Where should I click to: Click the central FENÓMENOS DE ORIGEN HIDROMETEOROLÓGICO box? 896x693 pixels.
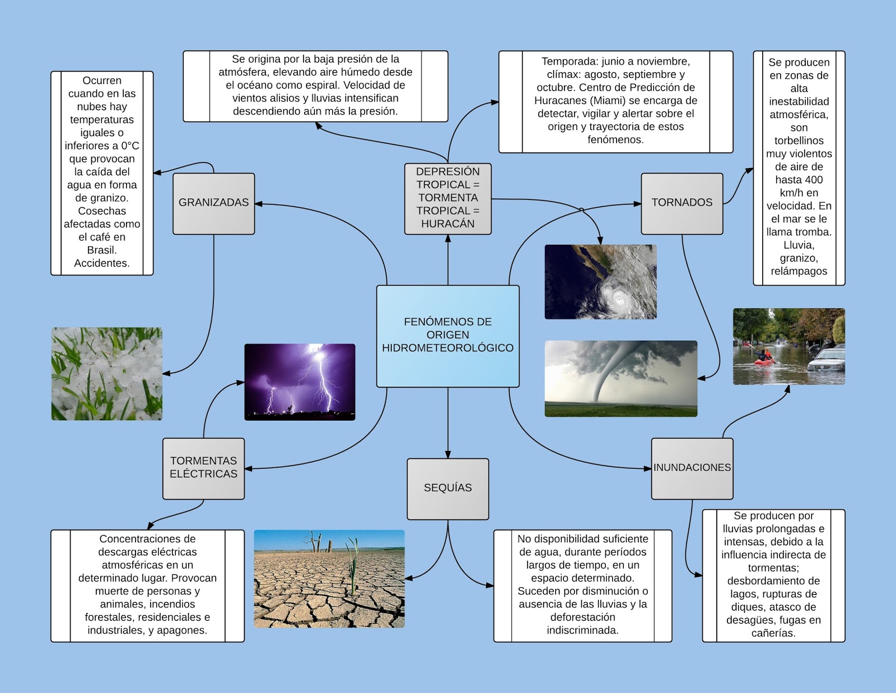(x=447, y=336)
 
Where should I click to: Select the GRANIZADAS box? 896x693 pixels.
(x=213, y=203)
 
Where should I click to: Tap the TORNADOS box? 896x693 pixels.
(x=682, y=203)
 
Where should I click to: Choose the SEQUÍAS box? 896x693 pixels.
(x=447, y=488)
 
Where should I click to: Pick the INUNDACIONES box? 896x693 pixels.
(x=692, y=468)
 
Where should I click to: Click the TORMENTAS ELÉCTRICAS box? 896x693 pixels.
(x=203, y=468)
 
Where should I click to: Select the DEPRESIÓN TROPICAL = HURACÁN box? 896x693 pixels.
(x=447, y=198)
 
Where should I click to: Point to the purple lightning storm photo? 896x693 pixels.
(x=300, y=382)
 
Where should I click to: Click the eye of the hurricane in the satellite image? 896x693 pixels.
(x=618, y=299)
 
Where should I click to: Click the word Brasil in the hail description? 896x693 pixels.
(x=101, y=250)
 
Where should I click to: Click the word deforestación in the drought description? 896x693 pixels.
(x=582, y=617)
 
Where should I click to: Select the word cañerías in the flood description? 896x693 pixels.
(x=773, y=634)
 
